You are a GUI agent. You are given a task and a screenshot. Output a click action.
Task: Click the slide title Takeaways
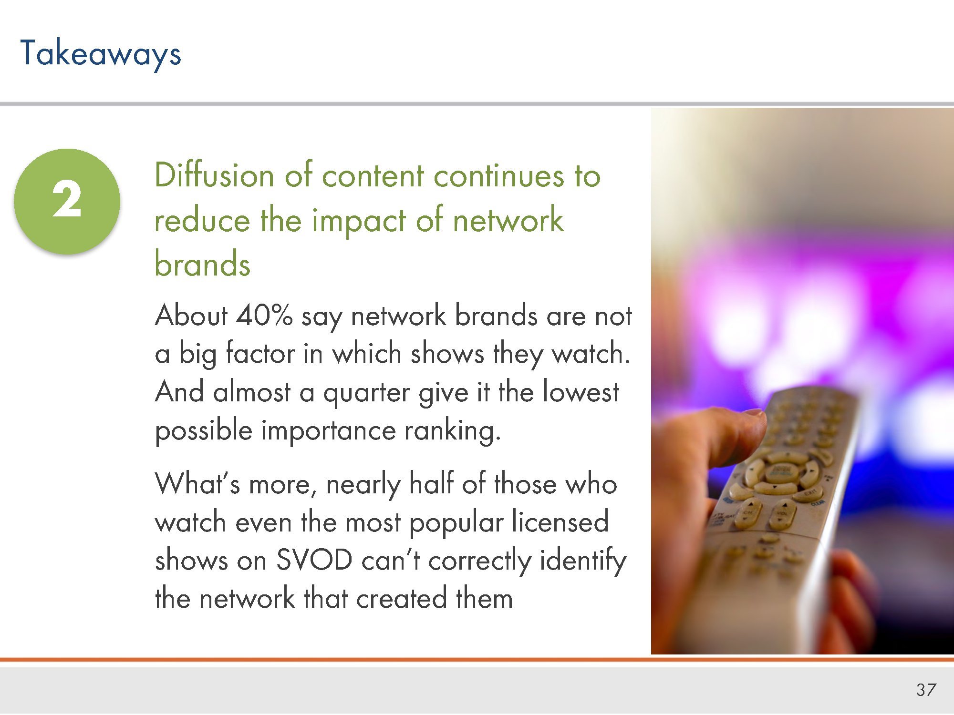pos(101,53)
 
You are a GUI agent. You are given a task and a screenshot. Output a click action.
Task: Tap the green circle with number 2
pos(67,201)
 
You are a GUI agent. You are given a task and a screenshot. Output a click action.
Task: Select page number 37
pos(926,690)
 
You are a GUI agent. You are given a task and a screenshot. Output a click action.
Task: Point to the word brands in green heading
pos(203,264)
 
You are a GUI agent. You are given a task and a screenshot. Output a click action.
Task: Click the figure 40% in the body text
pos(264,315)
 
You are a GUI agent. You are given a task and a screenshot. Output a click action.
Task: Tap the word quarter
pos(366,394)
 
